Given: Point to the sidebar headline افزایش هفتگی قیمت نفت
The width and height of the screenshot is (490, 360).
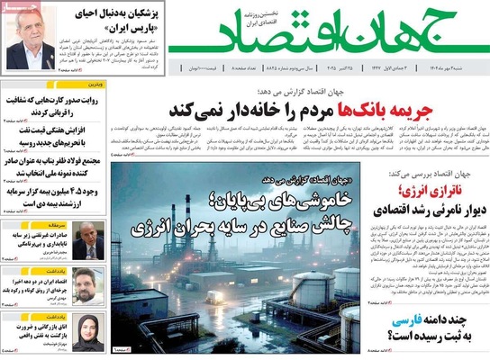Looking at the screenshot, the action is (x=52, y=136).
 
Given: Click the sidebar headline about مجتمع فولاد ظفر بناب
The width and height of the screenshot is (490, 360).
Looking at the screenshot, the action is (x=52, y=168).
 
